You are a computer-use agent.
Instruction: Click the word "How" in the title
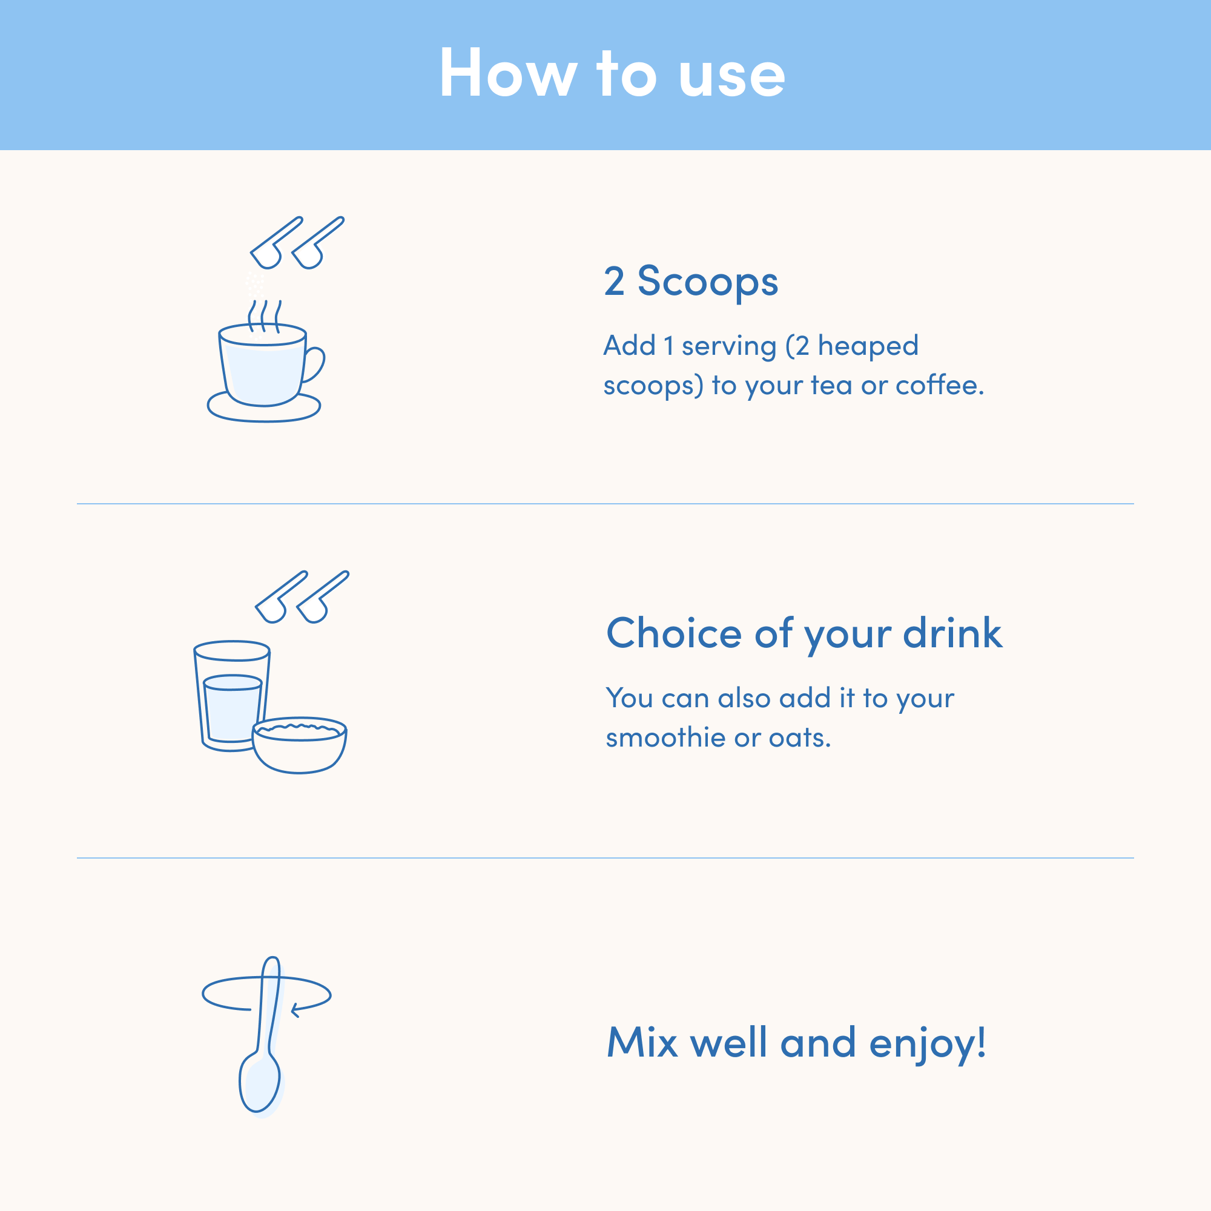[x=509, y=73]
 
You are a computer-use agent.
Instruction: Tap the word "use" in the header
[x=732, y=78]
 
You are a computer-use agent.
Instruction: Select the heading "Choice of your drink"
[x=804, y=634]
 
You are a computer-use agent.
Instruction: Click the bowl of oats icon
[x=300, y=745]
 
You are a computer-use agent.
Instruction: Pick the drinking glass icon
[x=231, y=696]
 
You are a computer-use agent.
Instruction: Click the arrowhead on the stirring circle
[x=296, y=1010]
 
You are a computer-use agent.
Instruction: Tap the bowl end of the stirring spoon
[x=260, y=1083]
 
